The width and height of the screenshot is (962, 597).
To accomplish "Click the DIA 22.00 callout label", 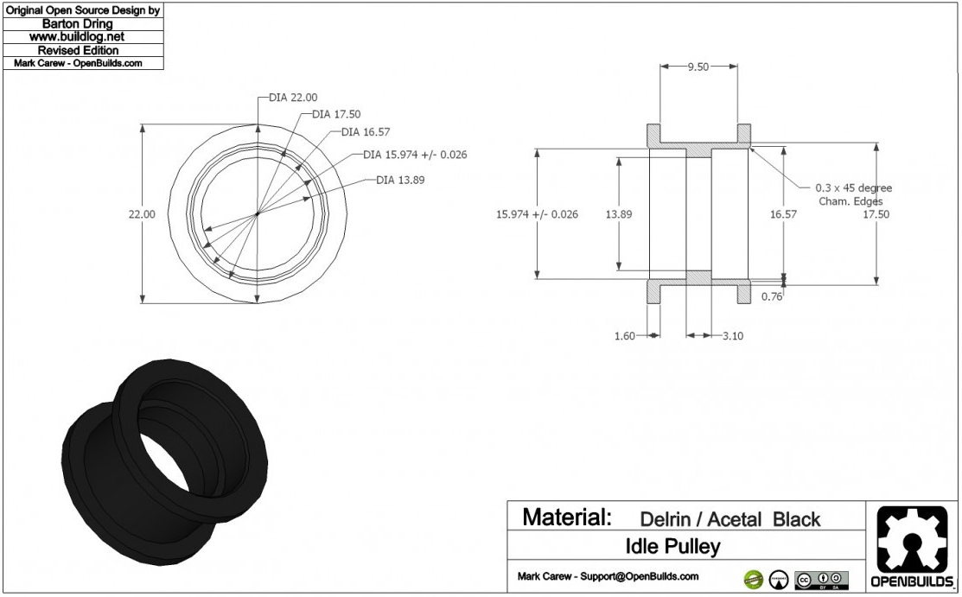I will point(293,97).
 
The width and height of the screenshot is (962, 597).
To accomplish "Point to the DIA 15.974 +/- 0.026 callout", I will point(415,155).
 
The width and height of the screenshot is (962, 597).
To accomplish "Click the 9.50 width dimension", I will point(698,67).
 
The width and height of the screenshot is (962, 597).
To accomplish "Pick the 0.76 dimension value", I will point(772,296).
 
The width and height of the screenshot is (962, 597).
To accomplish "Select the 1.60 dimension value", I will point(623,335).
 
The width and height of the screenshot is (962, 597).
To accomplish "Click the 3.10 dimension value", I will point(733,335).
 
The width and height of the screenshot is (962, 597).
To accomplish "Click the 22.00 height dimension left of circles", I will point(142,214).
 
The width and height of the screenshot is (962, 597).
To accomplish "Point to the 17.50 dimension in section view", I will point(901,214).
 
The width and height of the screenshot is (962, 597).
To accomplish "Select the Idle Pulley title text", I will point(672,546).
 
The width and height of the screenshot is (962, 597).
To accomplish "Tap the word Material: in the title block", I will point(567,518).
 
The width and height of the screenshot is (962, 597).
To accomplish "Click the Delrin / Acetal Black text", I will point(729,519).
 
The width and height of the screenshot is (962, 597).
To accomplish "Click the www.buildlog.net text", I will point(77,37).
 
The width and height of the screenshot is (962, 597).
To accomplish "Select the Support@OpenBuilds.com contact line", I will point(608,576).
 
